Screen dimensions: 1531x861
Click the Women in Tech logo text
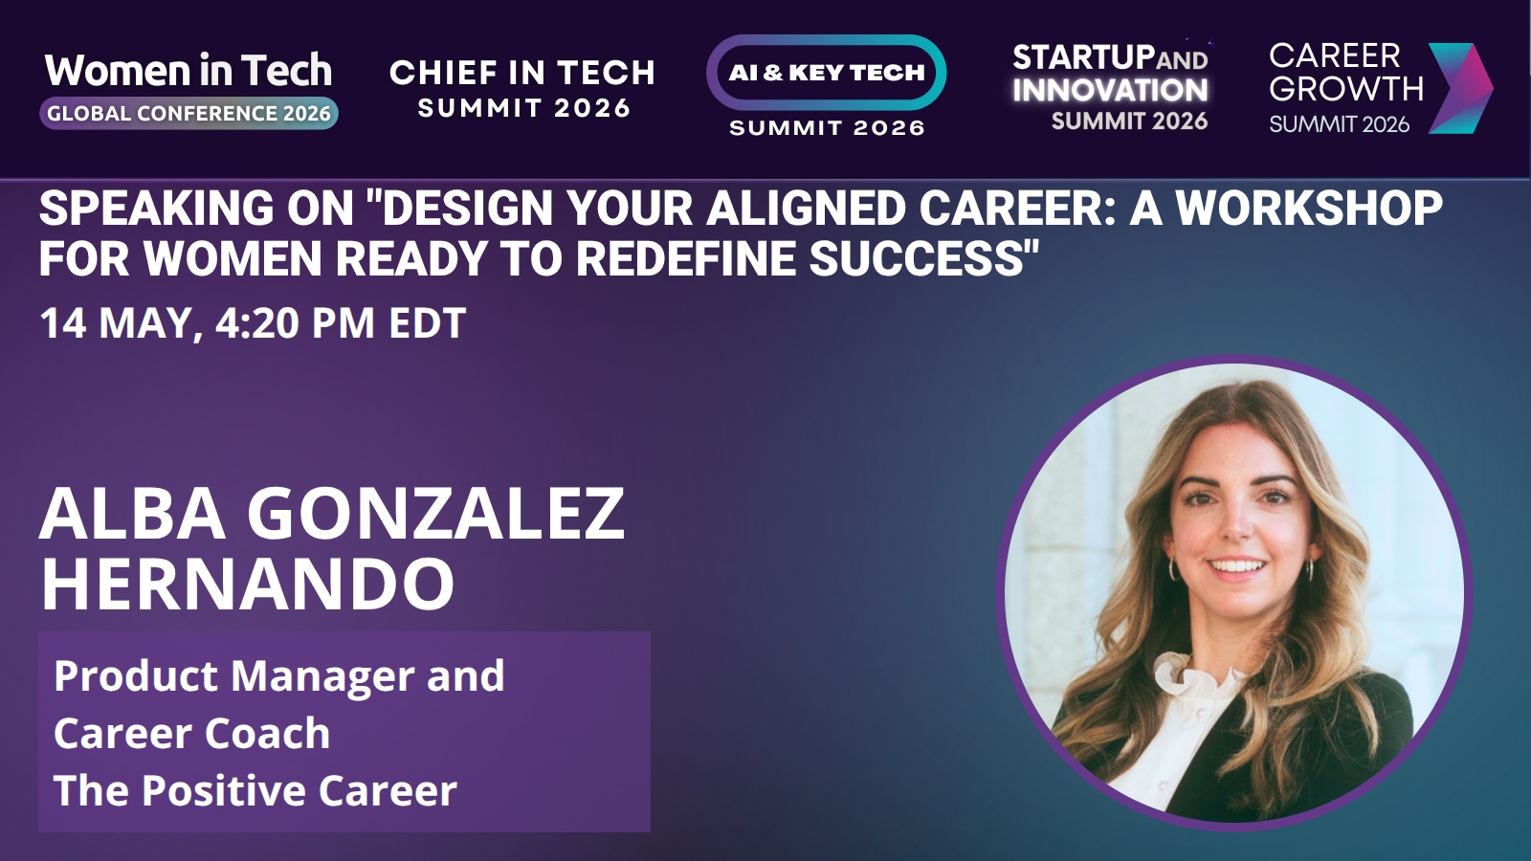pyautogui.click(x=189, y=71)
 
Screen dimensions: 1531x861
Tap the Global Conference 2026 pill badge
pyautogui.click(x=189, y=114)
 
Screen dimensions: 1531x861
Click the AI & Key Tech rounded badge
pyautogui.click(x=827, y=73)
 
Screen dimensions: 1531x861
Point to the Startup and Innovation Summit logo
pyautogui.click(x=1111, y=87)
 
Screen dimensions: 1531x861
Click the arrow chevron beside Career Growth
pyautogui.click(x=1461, y=87)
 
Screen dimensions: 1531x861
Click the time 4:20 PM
pyautogui.click(x=296, y=322)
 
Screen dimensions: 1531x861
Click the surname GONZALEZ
pyautogui.click(x=435, y=514)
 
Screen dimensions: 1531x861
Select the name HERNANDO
pyautogui.click(x=248, y=584)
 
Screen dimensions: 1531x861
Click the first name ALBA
pyautogui.click(x=133, y=514)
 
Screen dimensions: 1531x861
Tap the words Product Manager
pyautogui.click(x=234, y=676)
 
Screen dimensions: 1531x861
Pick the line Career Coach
pyautogui.click(x=192, y=733)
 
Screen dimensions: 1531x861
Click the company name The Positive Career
pyautogui.click(x=255, y=790)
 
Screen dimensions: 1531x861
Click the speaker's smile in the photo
pyautogui.click(x=1237, y=566)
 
